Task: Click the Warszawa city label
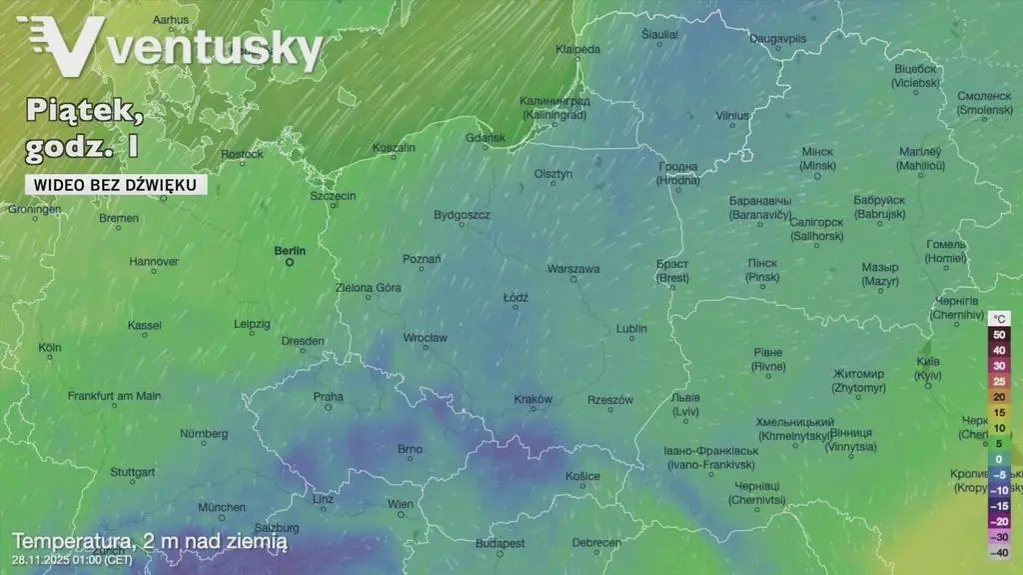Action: click(573, 269)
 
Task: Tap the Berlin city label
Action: click(290, 250)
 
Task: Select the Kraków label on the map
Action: click(532, 399)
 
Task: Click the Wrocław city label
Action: click(425, 338)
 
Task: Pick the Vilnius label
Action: click(732, 116)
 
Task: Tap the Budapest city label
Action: click(500, 543)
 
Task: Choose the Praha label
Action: click(328, 396)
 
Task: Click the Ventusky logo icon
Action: click(66, 46)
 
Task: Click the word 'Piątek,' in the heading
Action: click(85, 112)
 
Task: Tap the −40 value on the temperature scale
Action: click(998, 552)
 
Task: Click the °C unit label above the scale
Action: click(998, 319)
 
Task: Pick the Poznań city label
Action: click(422, 259)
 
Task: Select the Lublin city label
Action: click(631, 328)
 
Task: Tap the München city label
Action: click(221, 507)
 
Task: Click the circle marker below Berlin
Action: click(290, 263)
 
